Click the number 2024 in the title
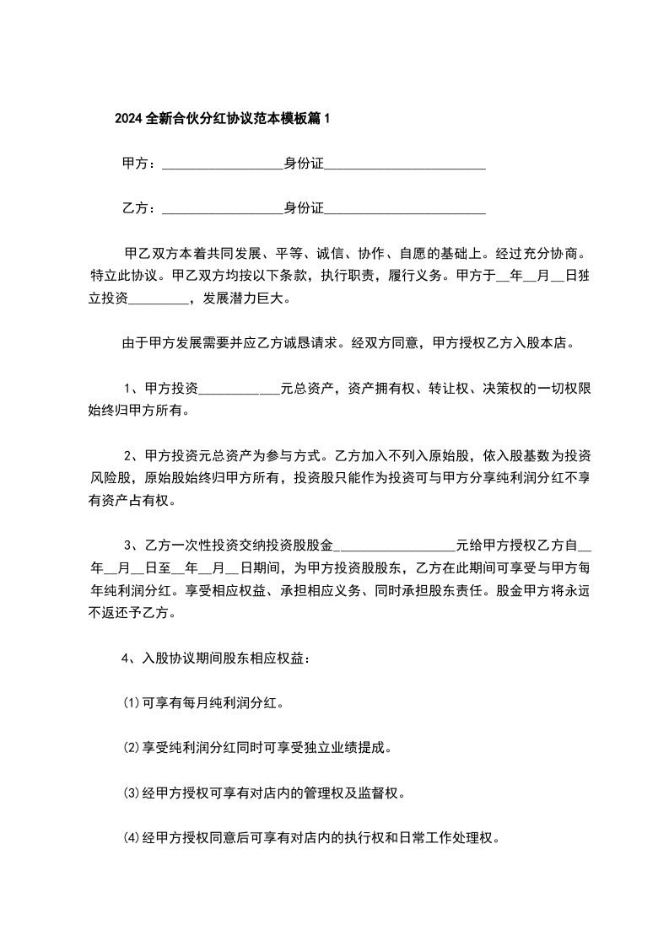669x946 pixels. [x=129, y=119]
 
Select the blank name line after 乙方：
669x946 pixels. [x=222, y=208]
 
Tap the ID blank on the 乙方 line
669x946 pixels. [x=405, y=208]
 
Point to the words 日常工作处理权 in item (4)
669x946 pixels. [x=452, y=839]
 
